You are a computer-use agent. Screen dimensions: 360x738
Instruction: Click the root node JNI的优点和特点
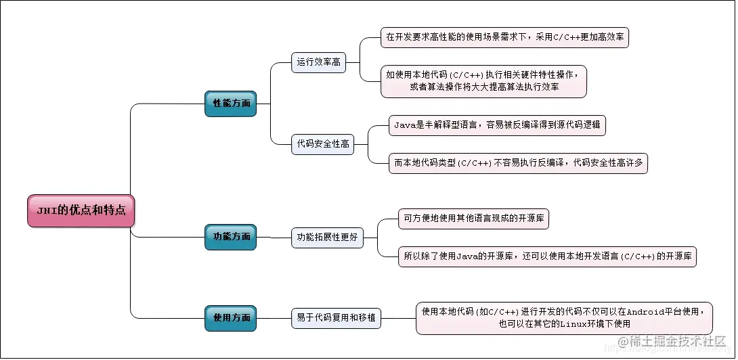pos(81,210)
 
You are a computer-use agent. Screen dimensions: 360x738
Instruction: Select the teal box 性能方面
pos(231,104)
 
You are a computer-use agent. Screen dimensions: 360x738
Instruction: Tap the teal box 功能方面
pos(231,237)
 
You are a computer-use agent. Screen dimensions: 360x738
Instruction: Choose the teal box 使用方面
pos(231,317)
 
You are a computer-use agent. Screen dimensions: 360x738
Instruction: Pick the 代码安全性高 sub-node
pos(323,143)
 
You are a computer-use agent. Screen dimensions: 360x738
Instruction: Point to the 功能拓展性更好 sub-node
pos(328,238)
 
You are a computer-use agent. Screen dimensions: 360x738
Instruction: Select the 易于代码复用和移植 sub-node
pos(336,317)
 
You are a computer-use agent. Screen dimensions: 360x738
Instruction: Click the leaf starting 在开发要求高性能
pos(505,37)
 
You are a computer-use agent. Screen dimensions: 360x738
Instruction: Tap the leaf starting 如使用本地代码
pos(483,81)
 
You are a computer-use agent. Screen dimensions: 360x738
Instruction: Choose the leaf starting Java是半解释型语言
pos(497,125)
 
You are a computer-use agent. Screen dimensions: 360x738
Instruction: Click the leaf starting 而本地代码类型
pos(519,163)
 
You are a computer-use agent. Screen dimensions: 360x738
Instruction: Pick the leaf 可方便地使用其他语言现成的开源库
pos(473,219)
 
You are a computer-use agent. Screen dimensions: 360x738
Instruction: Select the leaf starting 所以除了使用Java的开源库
pos(548,256)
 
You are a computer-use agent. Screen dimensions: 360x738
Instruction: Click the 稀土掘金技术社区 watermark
pos(674,344)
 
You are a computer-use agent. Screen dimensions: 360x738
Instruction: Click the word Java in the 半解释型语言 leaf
pos(405,125)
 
